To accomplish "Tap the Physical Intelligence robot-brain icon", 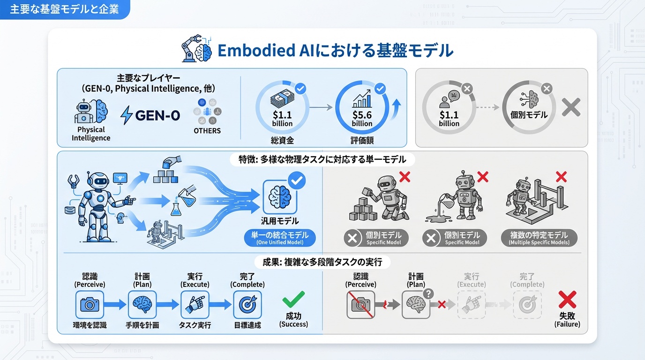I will pyautogui.click(x=91, y=112).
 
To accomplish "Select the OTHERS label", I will pyautogui.click(x=207, y=131).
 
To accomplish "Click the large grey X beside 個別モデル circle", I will pyautogui.click(x=571, y=107).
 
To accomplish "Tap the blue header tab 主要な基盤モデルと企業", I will pyautogui.click(x=65, y=9).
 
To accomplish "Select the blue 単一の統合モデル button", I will pyautogui.click(x=280, y=239).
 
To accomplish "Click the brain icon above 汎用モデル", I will pyautogui.click(x=280, y=198).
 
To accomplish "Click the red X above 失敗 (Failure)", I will pyautogui.click(x=567, y=300).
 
